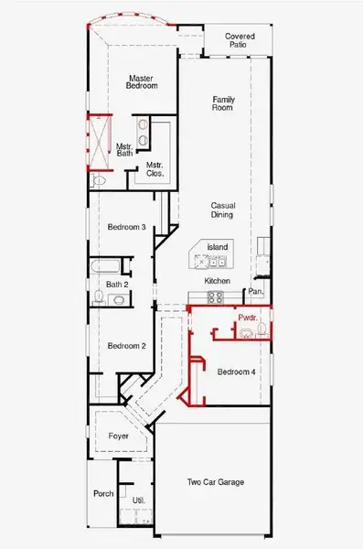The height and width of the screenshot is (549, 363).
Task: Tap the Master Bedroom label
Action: pyautogui.click(x=143, y=82)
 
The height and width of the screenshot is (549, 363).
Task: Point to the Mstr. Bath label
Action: pyautogui.click(x=125, y=149)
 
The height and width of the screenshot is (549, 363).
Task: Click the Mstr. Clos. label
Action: pyautogui.click(x=155, y=168)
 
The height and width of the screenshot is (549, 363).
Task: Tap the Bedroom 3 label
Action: pyautogui.click(x=127, y=227)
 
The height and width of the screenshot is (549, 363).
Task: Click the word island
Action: pyautogui.click(x=217, y=247)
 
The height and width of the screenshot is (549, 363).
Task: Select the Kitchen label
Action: pyautogui.click(x=217, y=280)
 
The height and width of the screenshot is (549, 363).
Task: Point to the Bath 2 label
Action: pyautogui.click(x=116, y=285)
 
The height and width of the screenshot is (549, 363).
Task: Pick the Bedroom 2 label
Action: pyautogui.click(x=127, y=346)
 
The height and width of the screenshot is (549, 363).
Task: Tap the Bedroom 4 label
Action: pyautogui.click(x=237, y=371)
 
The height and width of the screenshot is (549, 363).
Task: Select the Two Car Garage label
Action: pyautogui.click(x=216, y=482)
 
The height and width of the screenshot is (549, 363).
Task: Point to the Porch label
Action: pyautogui.click(x=103, y=494)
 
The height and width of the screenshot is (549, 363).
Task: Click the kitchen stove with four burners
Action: pyautogui.click(x=217, y=296)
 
